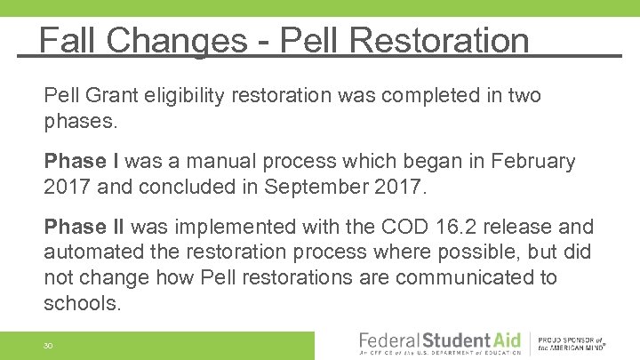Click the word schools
(81, 303)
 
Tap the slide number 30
(49, 345)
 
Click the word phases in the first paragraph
(80, 121)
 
